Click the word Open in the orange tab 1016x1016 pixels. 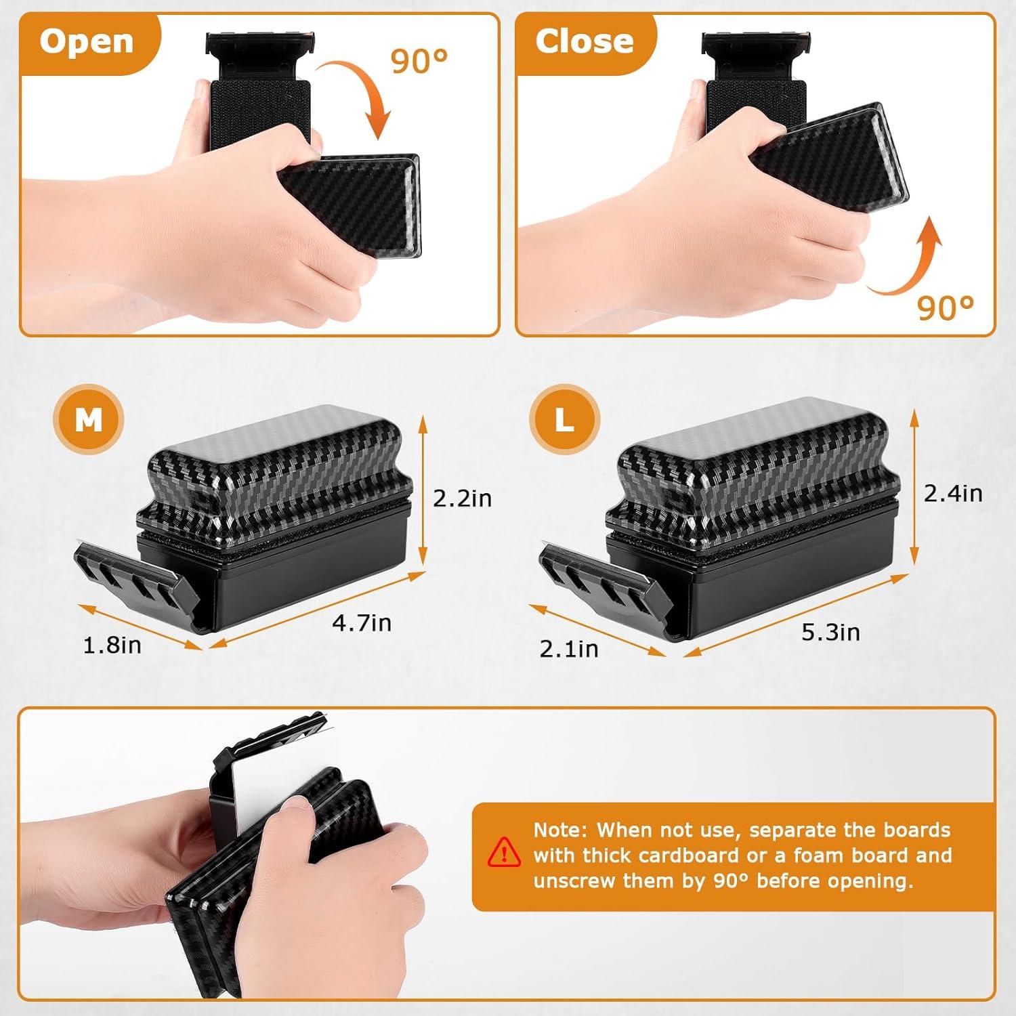pos(87,42)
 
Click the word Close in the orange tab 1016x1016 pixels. pos(584,42)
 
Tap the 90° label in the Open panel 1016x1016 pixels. pos(419,62)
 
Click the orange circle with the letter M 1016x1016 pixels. pos(89,420)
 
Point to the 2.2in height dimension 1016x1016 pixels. pos(462,499)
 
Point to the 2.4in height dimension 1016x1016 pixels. pos(953,493)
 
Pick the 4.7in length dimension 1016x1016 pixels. pos(362,622)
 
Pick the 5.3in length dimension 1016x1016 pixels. pos(830,632)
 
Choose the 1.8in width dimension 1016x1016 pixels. pos(112,645)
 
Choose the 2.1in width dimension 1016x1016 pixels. pos(569,649)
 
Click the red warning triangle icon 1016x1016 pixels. pos(504,852)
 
